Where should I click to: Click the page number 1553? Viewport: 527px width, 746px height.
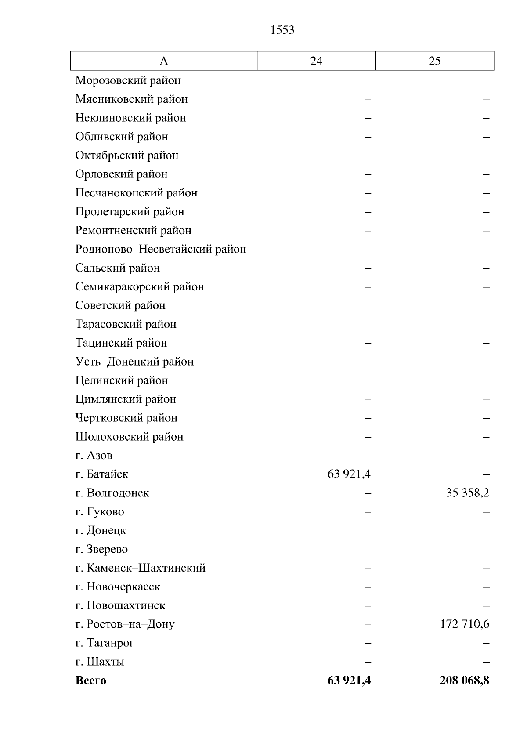pyautogui.click(x=282, y=30)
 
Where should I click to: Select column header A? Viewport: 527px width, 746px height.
pyautogui.click(x=163, y=61)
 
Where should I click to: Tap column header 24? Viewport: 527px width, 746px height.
pyautogui.click(x=316, y=61)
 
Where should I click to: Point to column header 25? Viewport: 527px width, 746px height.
pyautogui.click(x=434, y=61)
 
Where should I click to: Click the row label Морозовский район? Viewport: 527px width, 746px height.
pyautogui.click(x=128, y=80)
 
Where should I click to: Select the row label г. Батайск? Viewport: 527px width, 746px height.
pyautogui.click(x=102, y=474)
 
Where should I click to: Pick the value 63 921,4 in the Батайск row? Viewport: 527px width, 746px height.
pyautogui.click(x=349, y=474)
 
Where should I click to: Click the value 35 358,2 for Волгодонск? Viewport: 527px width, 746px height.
pyautogui.click(x=467, y=493)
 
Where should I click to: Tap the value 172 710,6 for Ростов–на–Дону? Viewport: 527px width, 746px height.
pyautogui.click(x=465, y=624)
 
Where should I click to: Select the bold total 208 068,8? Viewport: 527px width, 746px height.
pyautogui.click(x=464, y=681)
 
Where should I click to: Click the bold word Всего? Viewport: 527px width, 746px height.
pyautogui.click(x=91, y=681)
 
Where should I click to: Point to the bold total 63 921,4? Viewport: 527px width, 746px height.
pyautogui.click(x=349, y=681)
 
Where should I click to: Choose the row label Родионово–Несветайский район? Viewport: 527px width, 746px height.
pyautogui.click(x=161, y=249)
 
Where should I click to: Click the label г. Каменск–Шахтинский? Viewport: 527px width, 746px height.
pyautogui.click(x=141, y=568)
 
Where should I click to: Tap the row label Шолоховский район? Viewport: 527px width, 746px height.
pyautogui.click(x=129, y=437)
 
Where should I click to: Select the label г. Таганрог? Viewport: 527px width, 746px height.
pyautogui.click(x=105, y=643)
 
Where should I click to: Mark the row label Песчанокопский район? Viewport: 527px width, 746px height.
pyautogui.click(x=136, y=193)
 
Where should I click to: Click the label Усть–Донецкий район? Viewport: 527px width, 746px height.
pyautogui.click(x=134, y=362)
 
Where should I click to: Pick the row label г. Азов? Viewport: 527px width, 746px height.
pyautogui.click(x=94, y=456)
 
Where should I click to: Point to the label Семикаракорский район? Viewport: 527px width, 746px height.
pyautogui.click(x=140, y=287)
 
